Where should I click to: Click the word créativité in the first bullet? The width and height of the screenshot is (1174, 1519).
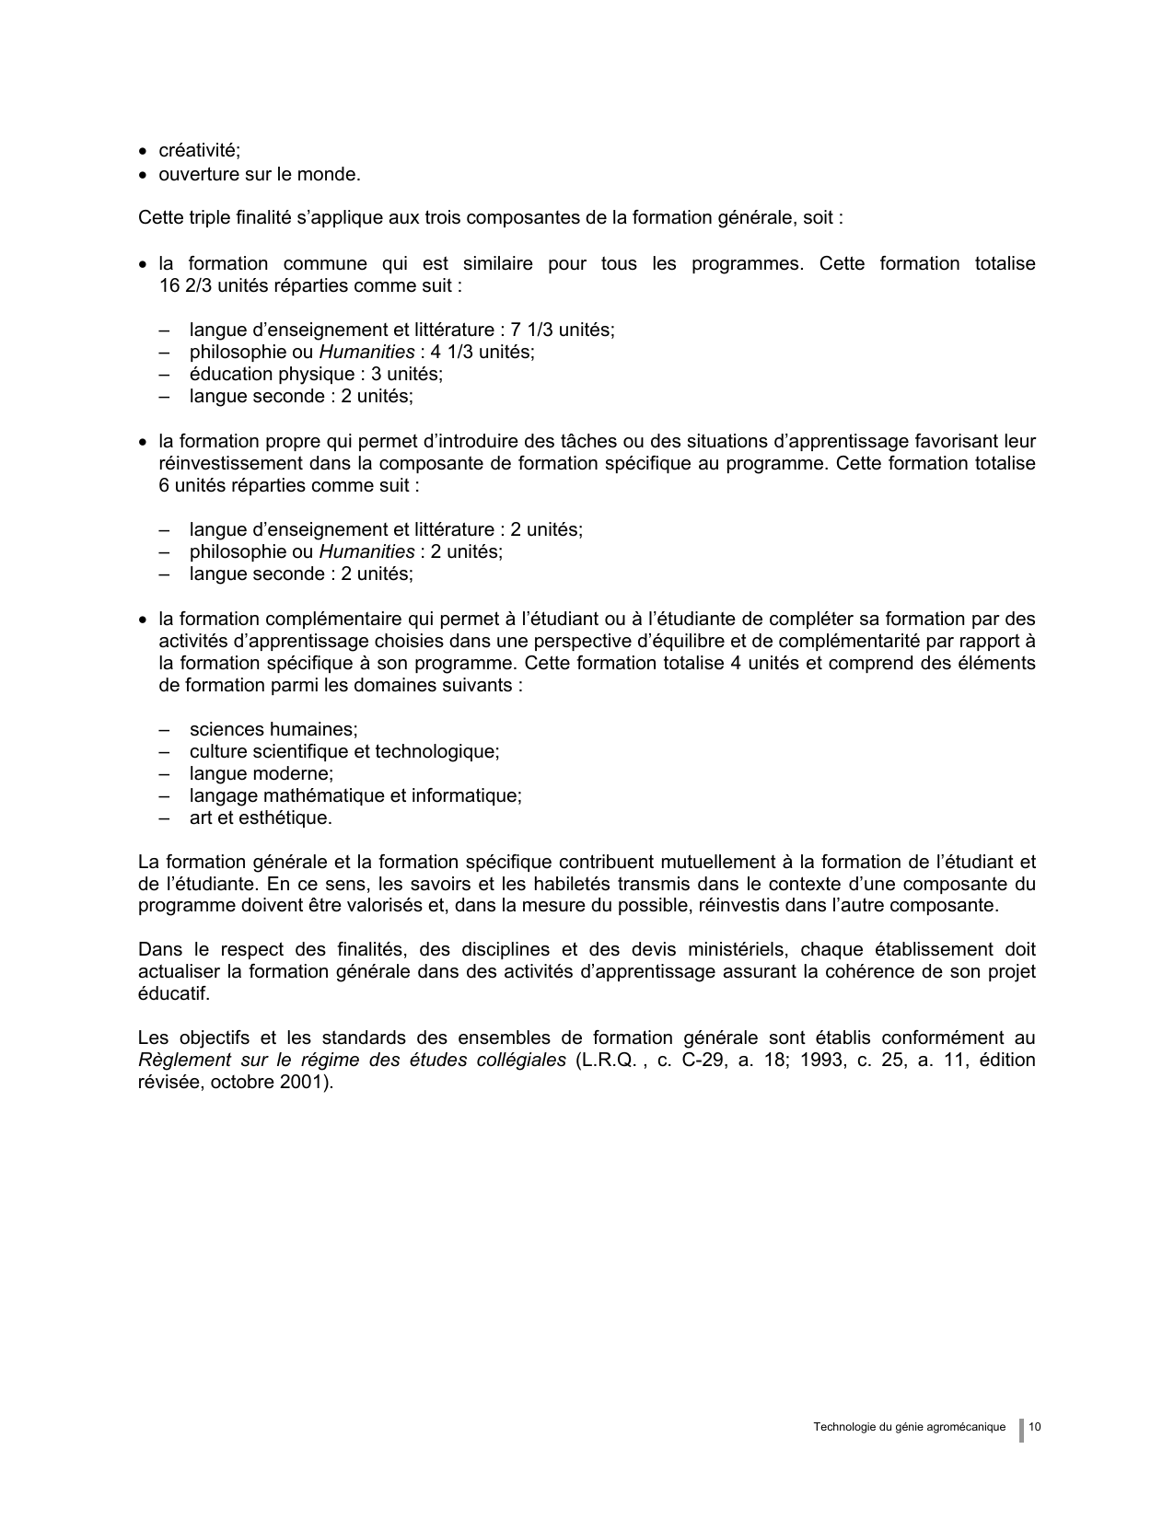pos(199,152)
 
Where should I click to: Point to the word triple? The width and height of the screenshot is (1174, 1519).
pos(204,219)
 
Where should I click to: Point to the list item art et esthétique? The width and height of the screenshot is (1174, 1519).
pos(261,818)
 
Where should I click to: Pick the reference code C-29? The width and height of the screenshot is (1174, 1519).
pos(702,1061)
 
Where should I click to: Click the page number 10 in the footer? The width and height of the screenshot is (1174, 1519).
pos(1035,1428)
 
